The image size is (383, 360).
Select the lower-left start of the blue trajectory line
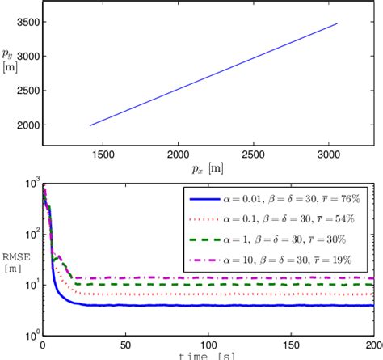coord(90,125)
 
